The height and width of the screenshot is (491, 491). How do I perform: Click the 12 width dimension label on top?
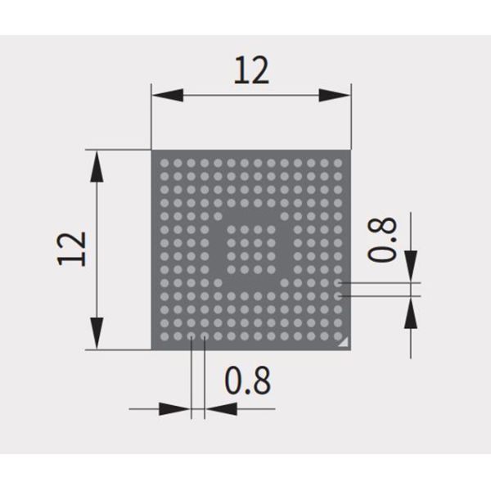coord(251,71)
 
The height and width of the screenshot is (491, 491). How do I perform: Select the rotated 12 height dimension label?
coord(73,248)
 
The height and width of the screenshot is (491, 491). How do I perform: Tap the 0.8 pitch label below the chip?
coord(247,381)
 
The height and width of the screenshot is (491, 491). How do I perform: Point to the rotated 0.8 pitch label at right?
coord(382,239)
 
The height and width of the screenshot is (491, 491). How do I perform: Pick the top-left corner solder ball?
coord(164,162)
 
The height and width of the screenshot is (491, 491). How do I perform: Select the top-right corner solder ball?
coord(338,162)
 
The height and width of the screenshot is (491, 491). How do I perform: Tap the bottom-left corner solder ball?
coord(164,336)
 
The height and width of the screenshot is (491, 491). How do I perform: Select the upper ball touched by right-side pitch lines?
coord(338,283)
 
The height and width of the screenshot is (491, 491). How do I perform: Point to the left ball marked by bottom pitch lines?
coord(191,336)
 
